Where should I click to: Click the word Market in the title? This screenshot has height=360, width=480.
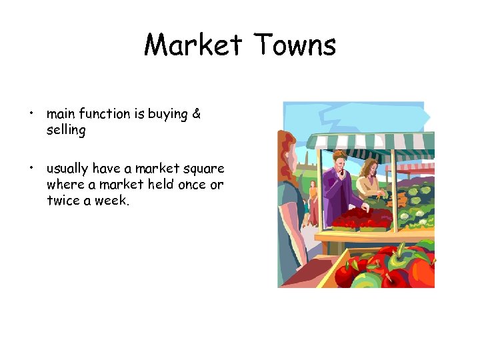coord(193,45)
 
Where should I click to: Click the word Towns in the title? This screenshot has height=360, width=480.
coord(295,45)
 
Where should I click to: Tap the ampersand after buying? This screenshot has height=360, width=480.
coord(196,114)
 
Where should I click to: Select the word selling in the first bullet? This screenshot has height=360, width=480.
coord(66,131)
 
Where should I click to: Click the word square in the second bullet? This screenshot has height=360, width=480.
coord(202,168)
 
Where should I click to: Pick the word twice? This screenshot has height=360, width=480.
coord(63,201)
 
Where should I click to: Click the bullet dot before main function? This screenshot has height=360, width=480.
coord(31,114)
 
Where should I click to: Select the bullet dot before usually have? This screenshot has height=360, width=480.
coord(31,168)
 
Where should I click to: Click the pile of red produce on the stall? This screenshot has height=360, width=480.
coord(360,218)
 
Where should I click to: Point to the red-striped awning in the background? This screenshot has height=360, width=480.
coord(417,167)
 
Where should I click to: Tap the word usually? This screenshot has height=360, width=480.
coord(68,168)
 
